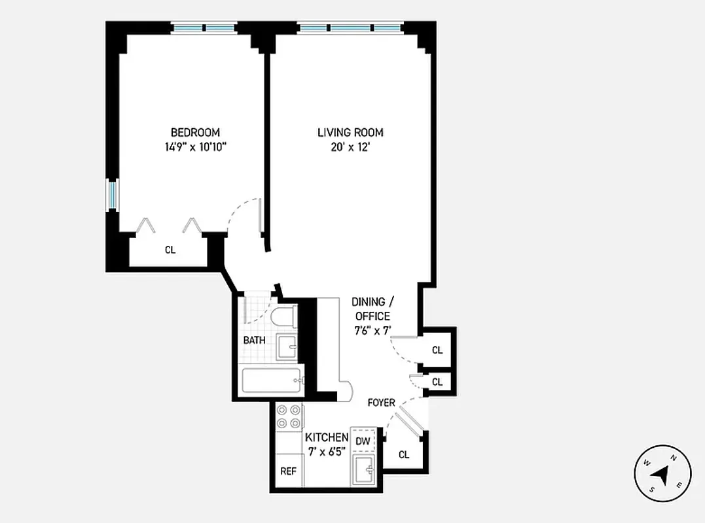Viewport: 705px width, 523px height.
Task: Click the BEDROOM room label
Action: point(195,132)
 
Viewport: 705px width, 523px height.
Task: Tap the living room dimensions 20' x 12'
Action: point(350,147)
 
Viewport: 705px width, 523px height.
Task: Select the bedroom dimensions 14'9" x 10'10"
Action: point(195,147)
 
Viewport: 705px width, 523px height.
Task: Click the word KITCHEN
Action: point(327,437)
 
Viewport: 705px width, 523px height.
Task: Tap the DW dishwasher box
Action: point(363,441)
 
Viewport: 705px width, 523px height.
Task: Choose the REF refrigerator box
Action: point(289,471)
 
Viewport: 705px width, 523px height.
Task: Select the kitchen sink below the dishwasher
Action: point(363,470)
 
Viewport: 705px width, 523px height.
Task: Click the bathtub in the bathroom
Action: point(272,381)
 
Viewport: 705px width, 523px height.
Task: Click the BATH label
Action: point(254,341)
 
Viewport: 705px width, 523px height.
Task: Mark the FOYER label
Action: point(381,403)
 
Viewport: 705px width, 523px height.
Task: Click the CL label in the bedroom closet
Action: point(170,250)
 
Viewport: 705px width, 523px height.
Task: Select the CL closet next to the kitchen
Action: point(404,454)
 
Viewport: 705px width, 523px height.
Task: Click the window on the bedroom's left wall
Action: point(113,195)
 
